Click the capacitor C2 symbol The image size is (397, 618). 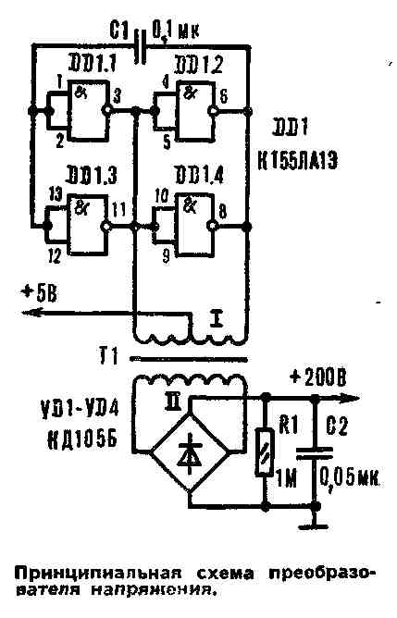pyautogui.click(x=316, y=452)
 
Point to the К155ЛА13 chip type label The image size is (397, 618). pyautogui.click(x=302, y=158)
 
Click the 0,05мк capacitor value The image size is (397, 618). pyautogui.click(x=350, y=479)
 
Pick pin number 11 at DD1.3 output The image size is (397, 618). pyautogui.click(x=118, y=209)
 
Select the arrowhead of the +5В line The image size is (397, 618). pyautogui.click(x=28, y=315)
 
